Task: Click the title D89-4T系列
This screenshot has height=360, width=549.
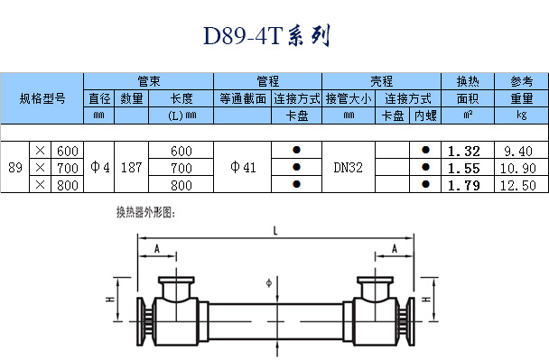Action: [266, 35]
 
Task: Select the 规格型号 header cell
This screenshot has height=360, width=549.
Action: [42, 98]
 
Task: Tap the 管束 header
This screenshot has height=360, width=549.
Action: [148, 81]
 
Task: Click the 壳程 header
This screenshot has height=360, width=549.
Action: [381, 81]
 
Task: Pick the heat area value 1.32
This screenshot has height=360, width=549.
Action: [464, 152]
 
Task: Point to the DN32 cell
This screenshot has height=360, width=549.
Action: [348, 168]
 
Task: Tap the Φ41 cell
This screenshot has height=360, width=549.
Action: [243, 167]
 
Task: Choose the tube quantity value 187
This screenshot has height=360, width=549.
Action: [131, 168]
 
